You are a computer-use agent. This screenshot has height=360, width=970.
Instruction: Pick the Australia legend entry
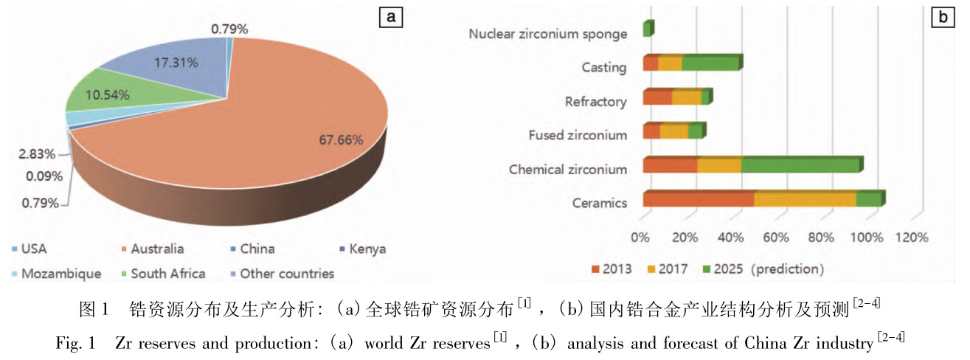[157, 249]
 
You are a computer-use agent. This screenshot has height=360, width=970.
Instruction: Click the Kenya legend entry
[363, 249]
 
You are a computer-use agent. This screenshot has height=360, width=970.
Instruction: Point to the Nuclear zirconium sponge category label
[548, 34]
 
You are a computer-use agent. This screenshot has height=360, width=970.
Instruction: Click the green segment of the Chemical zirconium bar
[800, 166]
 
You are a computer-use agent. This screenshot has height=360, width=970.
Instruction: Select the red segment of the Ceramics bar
[698, 200]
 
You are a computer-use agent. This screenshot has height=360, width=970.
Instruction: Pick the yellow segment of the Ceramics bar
[805, 200]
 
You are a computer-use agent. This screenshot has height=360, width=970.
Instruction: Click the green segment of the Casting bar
[710, 64]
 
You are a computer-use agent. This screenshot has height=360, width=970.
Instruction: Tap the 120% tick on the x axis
[912, 238]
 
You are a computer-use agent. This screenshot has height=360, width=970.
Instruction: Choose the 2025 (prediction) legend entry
[758, 269]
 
